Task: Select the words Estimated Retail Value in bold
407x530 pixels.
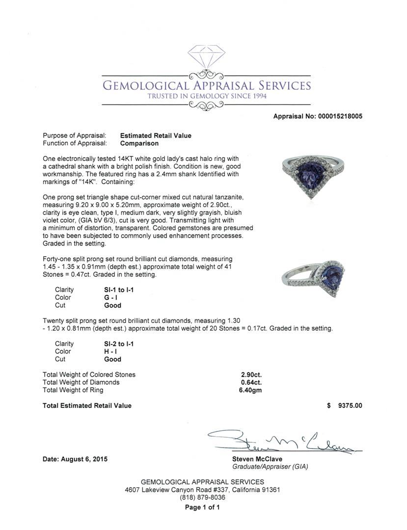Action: pos(156,135)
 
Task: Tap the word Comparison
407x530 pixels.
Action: pos(139,143)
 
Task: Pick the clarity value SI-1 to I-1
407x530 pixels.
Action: pos(119,290)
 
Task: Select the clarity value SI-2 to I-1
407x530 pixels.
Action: pos(119,344)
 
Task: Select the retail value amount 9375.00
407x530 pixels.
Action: pos(350,405)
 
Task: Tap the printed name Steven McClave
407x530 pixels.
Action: pos(258,459)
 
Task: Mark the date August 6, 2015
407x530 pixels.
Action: pos(75,459)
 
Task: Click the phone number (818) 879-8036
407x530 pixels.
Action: pos(202,497)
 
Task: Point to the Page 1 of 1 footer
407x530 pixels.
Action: pos(202,507)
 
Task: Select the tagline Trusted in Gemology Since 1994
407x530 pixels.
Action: pos(207,96)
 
